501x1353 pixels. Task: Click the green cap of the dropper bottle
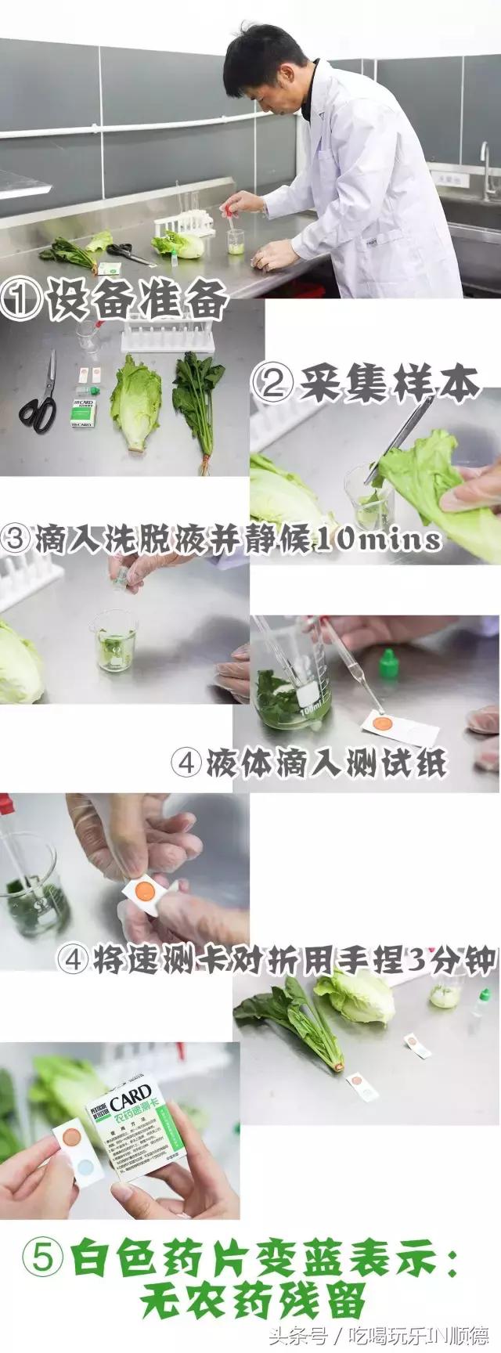(x=385, y=664)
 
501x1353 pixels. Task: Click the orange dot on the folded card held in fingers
(x=143, y=890)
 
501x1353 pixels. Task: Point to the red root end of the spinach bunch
(x=337, y=1066)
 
